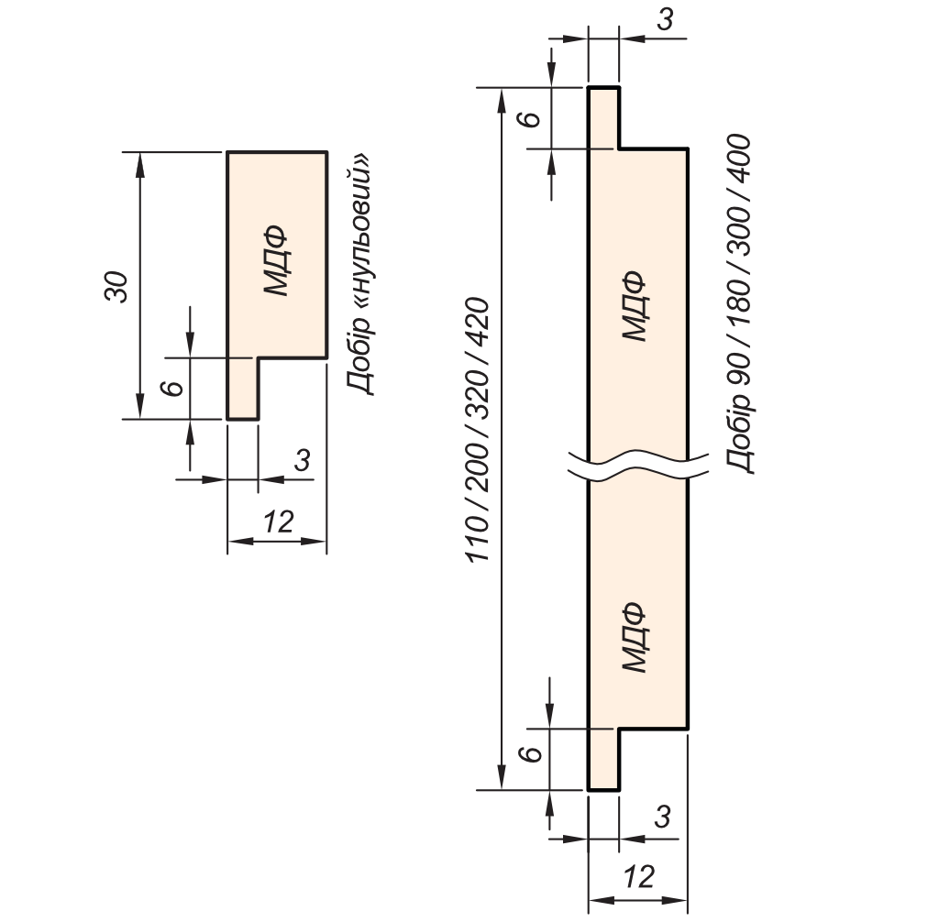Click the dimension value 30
click(x=116, y=287)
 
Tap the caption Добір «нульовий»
click(x=361, y=273)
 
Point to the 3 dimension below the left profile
click(x=301, y=460)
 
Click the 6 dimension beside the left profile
click(x=170, y=388)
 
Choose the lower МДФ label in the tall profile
click(x=634, y=637)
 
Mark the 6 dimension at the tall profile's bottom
click(x=527, y=756)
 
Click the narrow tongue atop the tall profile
click(x=603, y=116)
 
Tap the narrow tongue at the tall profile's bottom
click(x=603, y=759)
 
